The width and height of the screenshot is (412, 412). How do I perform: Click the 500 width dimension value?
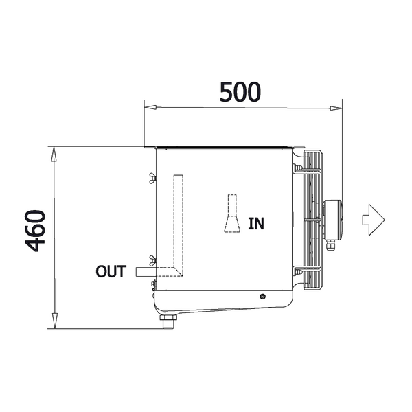(240, 92)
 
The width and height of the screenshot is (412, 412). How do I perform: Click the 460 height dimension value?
(36, 231)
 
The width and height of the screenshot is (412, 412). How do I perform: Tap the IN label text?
(256, 224)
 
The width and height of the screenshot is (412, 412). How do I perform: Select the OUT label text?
(111, 271)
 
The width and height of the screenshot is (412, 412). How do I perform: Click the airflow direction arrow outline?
(374, 220)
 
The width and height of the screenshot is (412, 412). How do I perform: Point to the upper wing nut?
(152, 178)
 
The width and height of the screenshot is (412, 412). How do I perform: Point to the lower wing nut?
(152, 260)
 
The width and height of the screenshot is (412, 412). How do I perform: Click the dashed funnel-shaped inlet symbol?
(232, 214)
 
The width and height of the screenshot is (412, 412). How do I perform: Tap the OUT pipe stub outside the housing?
(146, 272)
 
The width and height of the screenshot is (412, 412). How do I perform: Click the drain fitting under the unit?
(168, 321)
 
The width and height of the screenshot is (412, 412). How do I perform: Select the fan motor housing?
(332, 220)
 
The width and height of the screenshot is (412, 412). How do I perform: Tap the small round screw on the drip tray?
(262, 297)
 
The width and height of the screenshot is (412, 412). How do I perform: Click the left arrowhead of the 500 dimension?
(150, 107)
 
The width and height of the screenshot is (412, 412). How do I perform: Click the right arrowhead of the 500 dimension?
(336, 108)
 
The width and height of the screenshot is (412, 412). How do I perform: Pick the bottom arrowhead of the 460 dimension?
(54, 321)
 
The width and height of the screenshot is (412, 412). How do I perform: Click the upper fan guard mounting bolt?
(297, 168)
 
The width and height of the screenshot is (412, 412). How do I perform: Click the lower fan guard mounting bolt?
(297, 271)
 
